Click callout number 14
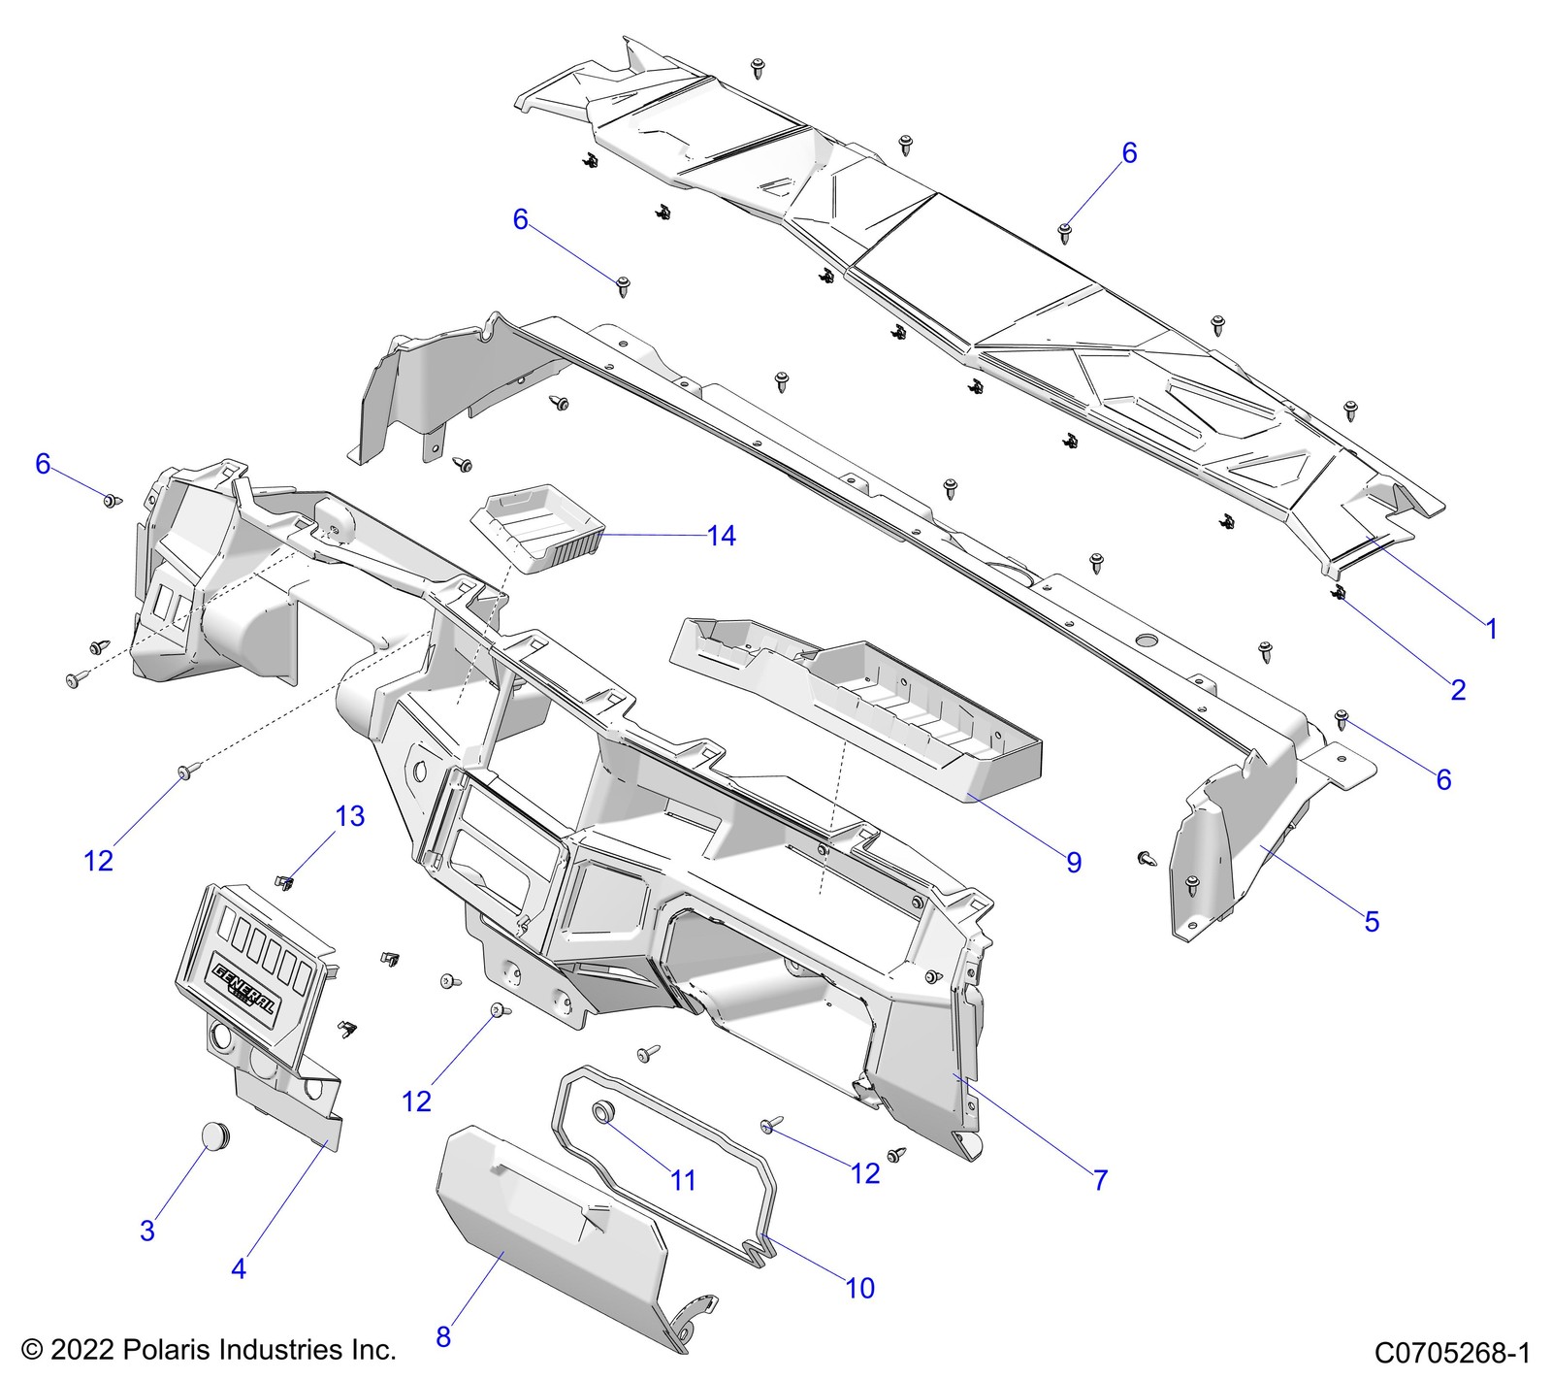(721, 536)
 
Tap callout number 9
(1073, 862)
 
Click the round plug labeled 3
(218, 1134)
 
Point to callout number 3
(147, 1231)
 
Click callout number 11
(683, 1180)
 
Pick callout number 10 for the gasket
(859, 1288)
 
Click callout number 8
(443, 1336)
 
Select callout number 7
(1100, 1180)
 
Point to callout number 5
(1371, 921)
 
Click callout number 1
(1492, 629)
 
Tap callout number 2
(1458, 690)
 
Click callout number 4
(239, 1267)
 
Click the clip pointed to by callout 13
(284, 881)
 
